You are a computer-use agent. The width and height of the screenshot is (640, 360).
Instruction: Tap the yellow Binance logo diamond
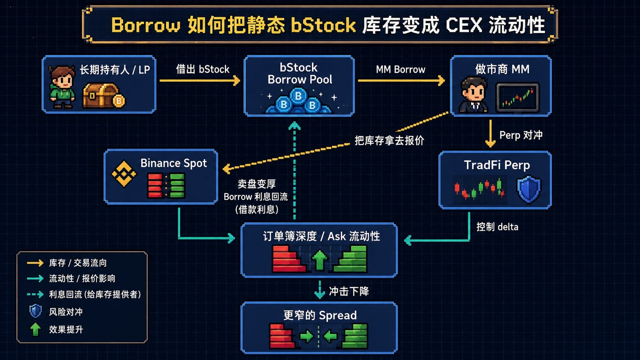coord(124,174)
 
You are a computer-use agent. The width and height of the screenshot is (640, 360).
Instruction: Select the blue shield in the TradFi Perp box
coord(529,189)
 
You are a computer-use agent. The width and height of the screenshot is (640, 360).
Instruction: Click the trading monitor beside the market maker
coord(518,98)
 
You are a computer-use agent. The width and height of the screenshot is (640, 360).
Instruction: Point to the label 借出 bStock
coord(202,69)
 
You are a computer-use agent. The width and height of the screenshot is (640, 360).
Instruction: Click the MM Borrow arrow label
coord(400,69)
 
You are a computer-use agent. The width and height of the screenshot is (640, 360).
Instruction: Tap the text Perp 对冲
coord(521,135)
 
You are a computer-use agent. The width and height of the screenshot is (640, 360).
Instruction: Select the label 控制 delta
coord(497,227)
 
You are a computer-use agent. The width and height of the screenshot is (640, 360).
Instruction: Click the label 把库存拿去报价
coord(389,140)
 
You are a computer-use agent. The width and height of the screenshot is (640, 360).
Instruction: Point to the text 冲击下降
coord(349,291)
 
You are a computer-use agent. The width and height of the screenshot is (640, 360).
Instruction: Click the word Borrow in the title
coord(146,25)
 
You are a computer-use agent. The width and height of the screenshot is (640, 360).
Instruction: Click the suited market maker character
coord(473,95)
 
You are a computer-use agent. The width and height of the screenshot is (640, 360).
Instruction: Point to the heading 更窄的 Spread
coord(320,315)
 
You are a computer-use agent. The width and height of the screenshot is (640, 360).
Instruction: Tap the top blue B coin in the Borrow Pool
coord(298,96)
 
